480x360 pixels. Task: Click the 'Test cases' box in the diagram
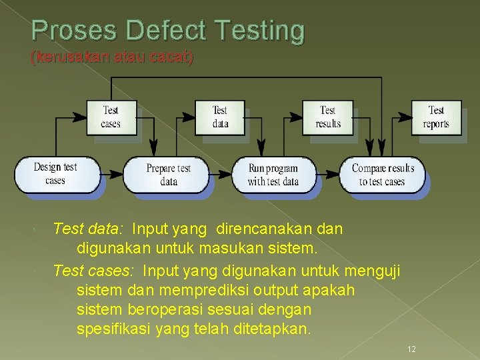tap(111, 117)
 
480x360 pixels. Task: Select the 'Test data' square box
tap(220, 117)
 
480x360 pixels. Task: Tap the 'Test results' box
tap(328, 117)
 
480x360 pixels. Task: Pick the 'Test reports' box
tap(436, 117)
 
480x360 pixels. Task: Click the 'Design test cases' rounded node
tap(56, 174)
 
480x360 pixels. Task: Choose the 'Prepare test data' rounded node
tap(168, 175)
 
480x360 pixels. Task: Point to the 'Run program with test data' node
tap(273, 175)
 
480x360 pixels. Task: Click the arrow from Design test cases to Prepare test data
tap(112, 175)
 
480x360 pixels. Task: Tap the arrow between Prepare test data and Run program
tap(221, 175)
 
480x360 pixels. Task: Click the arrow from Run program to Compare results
tap(329, 175)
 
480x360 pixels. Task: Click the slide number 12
tap(411, 349)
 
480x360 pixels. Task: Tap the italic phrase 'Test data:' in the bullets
tap(88, 229)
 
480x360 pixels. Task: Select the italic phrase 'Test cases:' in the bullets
tap(93, 271)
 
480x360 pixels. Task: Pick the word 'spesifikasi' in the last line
tap(109, 329)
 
